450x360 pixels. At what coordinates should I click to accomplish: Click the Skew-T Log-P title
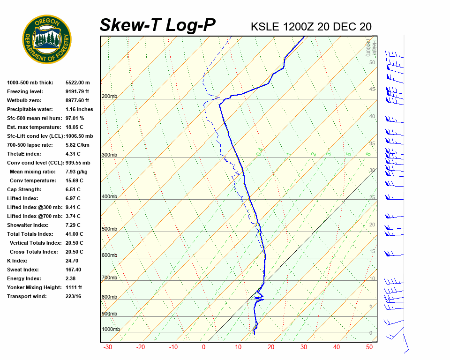157,25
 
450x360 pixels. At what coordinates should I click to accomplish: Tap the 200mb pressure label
109,97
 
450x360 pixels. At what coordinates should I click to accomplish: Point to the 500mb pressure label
109,229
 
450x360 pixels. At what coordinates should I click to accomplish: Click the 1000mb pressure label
111,329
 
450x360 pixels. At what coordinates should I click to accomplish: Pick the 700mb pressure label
109,278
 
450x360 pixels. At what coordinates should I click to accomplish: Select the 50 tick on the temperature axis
369,347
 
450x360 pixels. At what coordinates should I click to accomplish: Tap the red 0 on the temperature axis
203,347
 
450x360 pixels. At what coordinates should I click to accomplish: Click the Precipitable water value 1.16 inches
79,109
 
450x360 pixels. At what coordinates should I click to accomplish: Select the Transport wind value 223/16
74,296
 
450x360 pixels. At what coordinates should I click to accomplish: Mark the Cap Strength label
24,189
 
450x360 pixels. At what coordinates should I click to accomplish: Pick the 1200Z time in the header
299,27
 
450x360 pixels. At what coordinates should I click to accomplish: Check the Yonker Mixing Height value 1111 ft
74,287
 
